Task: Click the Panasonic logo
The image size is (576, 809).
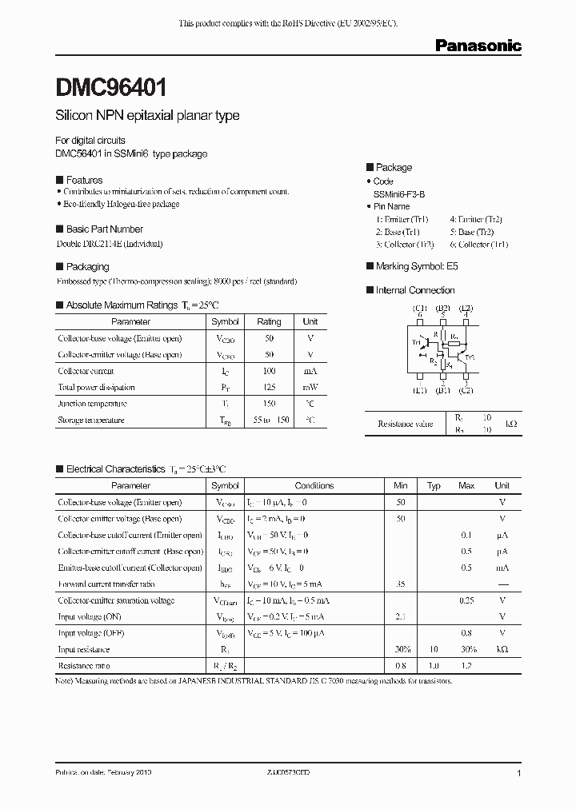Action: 478,46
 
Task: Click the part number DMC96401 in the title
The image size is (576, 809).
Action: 111,86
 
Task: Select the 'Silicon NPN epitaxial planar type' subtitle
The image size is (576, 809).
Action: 147,116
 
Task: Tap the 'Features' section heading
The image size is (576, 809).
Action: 84,181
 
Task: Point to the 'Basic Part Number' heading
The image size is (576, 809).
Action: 104,229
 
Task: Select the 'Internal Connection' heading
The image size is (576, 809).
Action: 414,290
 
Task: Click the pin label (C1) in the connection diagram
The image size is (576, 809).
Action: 419,309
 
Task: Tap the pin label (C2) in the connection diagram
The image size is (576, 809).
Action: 466,389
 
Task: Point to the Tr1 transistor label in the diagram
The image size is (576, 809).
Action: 417,342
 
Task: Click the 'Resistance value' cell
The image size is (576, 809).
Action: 406,424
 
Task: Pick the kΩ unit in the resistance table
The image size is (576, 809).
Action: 512,424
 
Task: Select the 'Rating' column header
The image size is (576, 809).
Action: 269,321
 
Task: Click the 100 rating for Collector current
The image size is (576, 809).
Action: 269,371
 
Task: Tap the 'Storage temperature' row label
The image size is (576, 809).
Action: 90,420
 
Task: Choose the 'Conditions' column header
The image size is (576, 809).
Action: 314,485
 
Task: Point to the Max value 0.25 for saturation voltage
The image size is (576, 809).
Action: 466,600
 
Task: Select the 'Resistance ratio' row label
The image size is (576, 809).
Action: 84,666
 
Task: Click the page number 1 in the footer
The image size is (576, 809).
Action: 519,774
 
